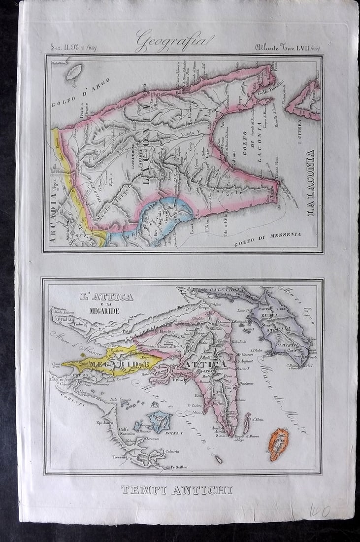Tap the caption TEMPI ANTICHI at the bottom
(177, 490)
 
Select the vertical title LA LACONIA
(310, 183)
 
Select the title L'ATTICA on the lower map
(106, 297)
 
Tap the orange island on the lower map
(278, 443)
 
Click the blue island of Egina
(159, 421)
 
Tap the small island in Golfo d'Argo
(74, 72)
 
